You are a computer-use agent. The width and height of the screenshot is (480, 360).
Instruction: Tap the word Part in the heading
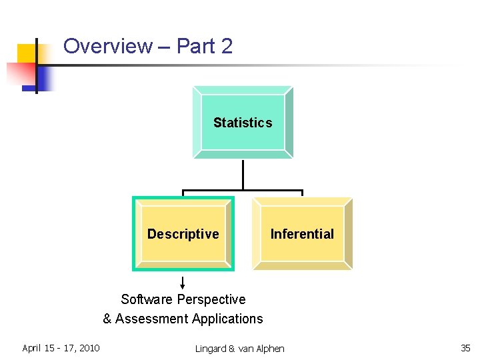pos(197,46)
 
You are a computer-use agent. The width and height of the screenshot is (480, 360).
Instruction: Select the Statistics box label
pos(243,123)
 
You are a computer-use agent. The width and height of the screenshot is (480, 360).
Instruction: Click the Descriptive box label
pos(183,234)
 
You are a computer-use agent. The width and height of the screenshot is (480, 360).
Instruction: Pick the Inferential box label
pos(302,234)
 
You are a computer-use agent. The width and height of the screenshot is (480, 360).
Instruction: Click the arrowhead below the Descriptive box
pos(183,286)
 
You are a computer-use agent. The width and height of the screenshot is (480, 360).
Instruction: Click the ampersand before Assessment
pos(107,319)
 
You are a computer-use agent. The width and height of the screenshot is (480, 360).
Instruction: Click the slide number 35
pos(465,348)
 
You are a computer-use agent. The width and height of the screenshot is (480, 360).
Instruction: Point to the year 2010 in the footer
pos(88,348)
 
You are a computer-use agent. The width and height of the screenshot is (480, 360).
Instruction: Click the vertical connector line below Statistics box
pos(243,175)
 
